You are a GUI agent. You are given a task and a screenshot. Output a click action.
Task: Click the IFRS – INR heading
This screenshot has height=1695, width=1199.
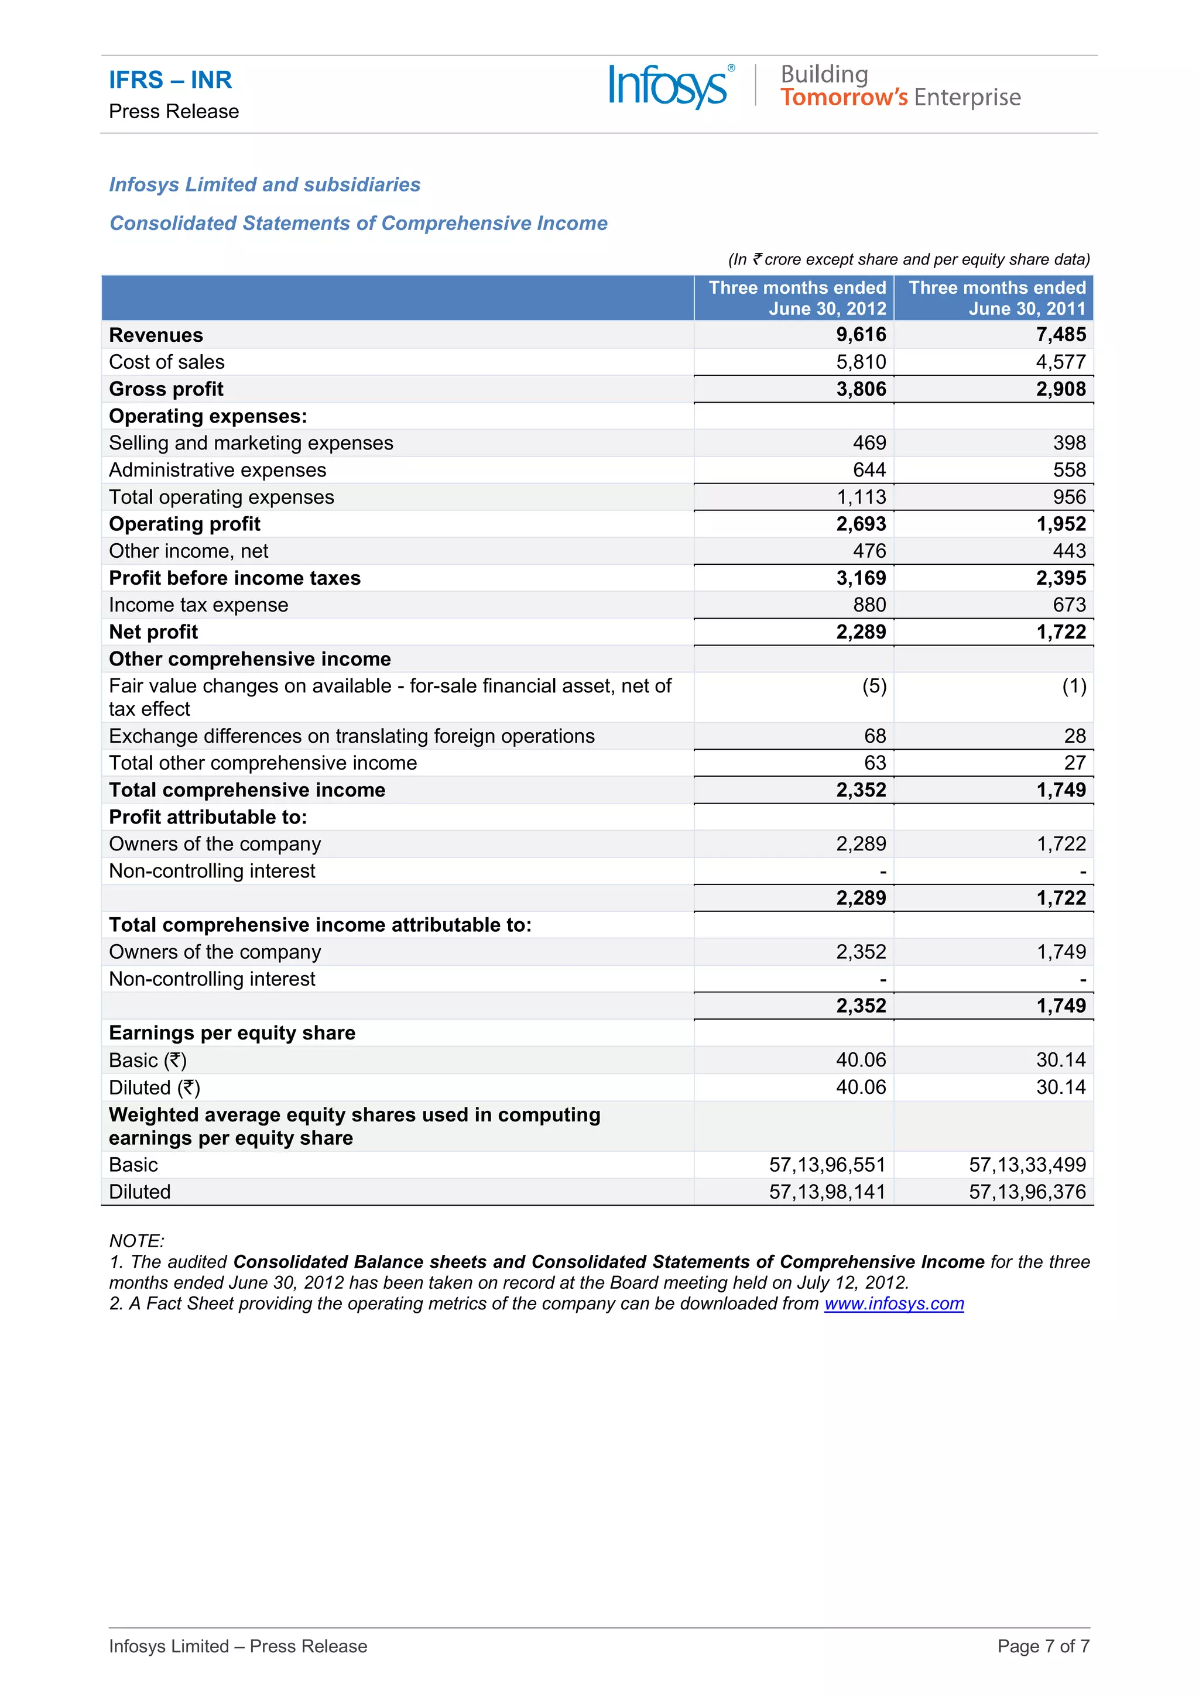point(170,80)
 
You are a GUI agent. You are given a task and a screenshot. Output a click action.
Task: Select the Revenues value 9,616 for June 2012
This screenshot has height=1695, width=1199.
point(860,335)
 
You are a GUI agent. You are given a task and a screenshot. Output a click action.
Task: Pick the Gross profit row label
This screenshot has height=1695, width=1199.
point(166,389)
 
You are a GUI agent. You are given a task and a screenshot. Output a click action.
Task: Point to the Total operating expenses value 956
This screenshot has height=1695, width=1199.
point(1069,497)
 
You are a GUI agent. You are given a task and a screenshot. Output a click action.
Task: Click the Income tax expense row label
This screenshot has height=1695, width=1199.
point(198,605)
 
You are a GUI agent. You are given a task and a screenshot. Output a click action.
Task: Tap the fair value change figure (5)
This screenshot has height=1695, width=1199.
point(874,687)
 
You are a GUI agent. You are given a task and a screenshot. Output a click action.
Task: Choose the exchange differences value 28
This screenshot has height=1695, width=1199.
point(1074,736)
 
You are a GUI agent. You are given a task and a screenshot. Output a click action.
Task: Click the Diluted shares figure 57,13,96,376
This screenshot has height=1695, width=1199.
point(1027,1192)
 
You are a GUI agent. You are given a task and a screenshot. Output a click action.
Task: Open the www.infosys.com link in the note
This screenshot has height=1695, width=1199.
point(893,1303)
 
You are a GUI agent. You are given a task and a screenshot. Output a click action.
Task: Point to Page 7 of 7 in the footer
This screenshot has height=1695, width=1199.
point(1043,1646)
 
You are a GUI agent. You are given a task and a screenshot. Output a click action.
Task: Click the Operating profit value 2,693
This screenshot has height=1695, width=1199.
point(860,524)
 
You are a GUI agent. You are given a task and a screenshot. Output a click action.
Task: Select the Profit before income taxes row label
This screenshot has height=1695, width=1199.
point(235,578)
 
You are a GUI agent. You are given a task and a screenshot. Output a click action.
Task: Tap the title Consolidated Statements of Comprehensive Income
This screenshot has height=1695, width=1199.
point(358,224)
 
